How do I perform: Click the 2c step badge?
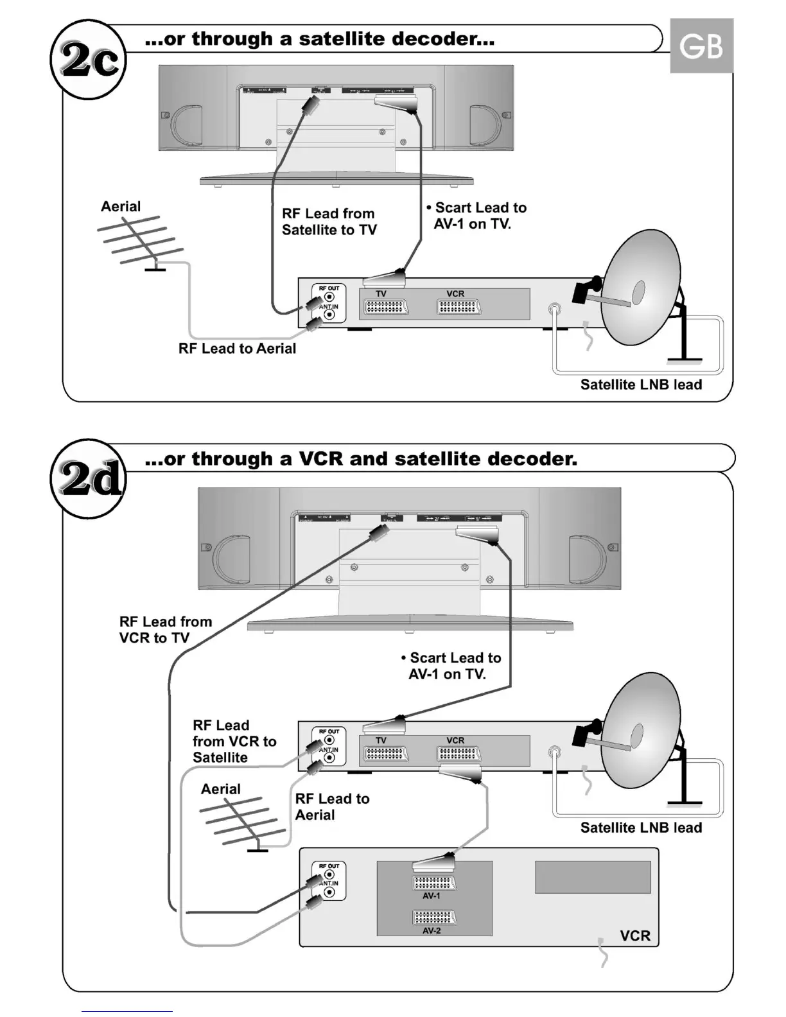pos(89,60)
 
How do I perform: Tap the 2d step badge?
pos(89,479)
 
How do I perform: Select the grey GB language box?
pos(701,46)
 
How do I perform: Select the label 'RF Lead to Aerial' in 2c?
pos(237,349)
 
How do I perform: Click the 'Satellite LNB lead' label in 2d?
pos(641,828)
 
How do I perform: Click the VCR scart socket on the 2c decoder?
pos(459,307)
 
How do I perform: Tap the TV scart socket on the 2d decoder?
pos(386,754)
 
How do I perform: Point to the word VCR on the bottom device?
pos(635,935)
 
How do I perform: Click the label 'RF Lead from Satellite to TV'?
pos(329,222)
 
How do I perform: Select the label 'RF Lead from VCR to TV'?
pos(165,629)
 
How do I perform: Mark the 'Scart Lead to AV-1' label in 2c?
pos(476,216)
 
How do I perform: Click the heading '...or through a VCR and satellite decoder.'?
pos(361,459)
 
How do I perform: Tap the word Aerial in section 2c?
pos(121,207)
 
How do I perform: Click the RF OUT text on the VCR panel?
pos(329,866)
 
